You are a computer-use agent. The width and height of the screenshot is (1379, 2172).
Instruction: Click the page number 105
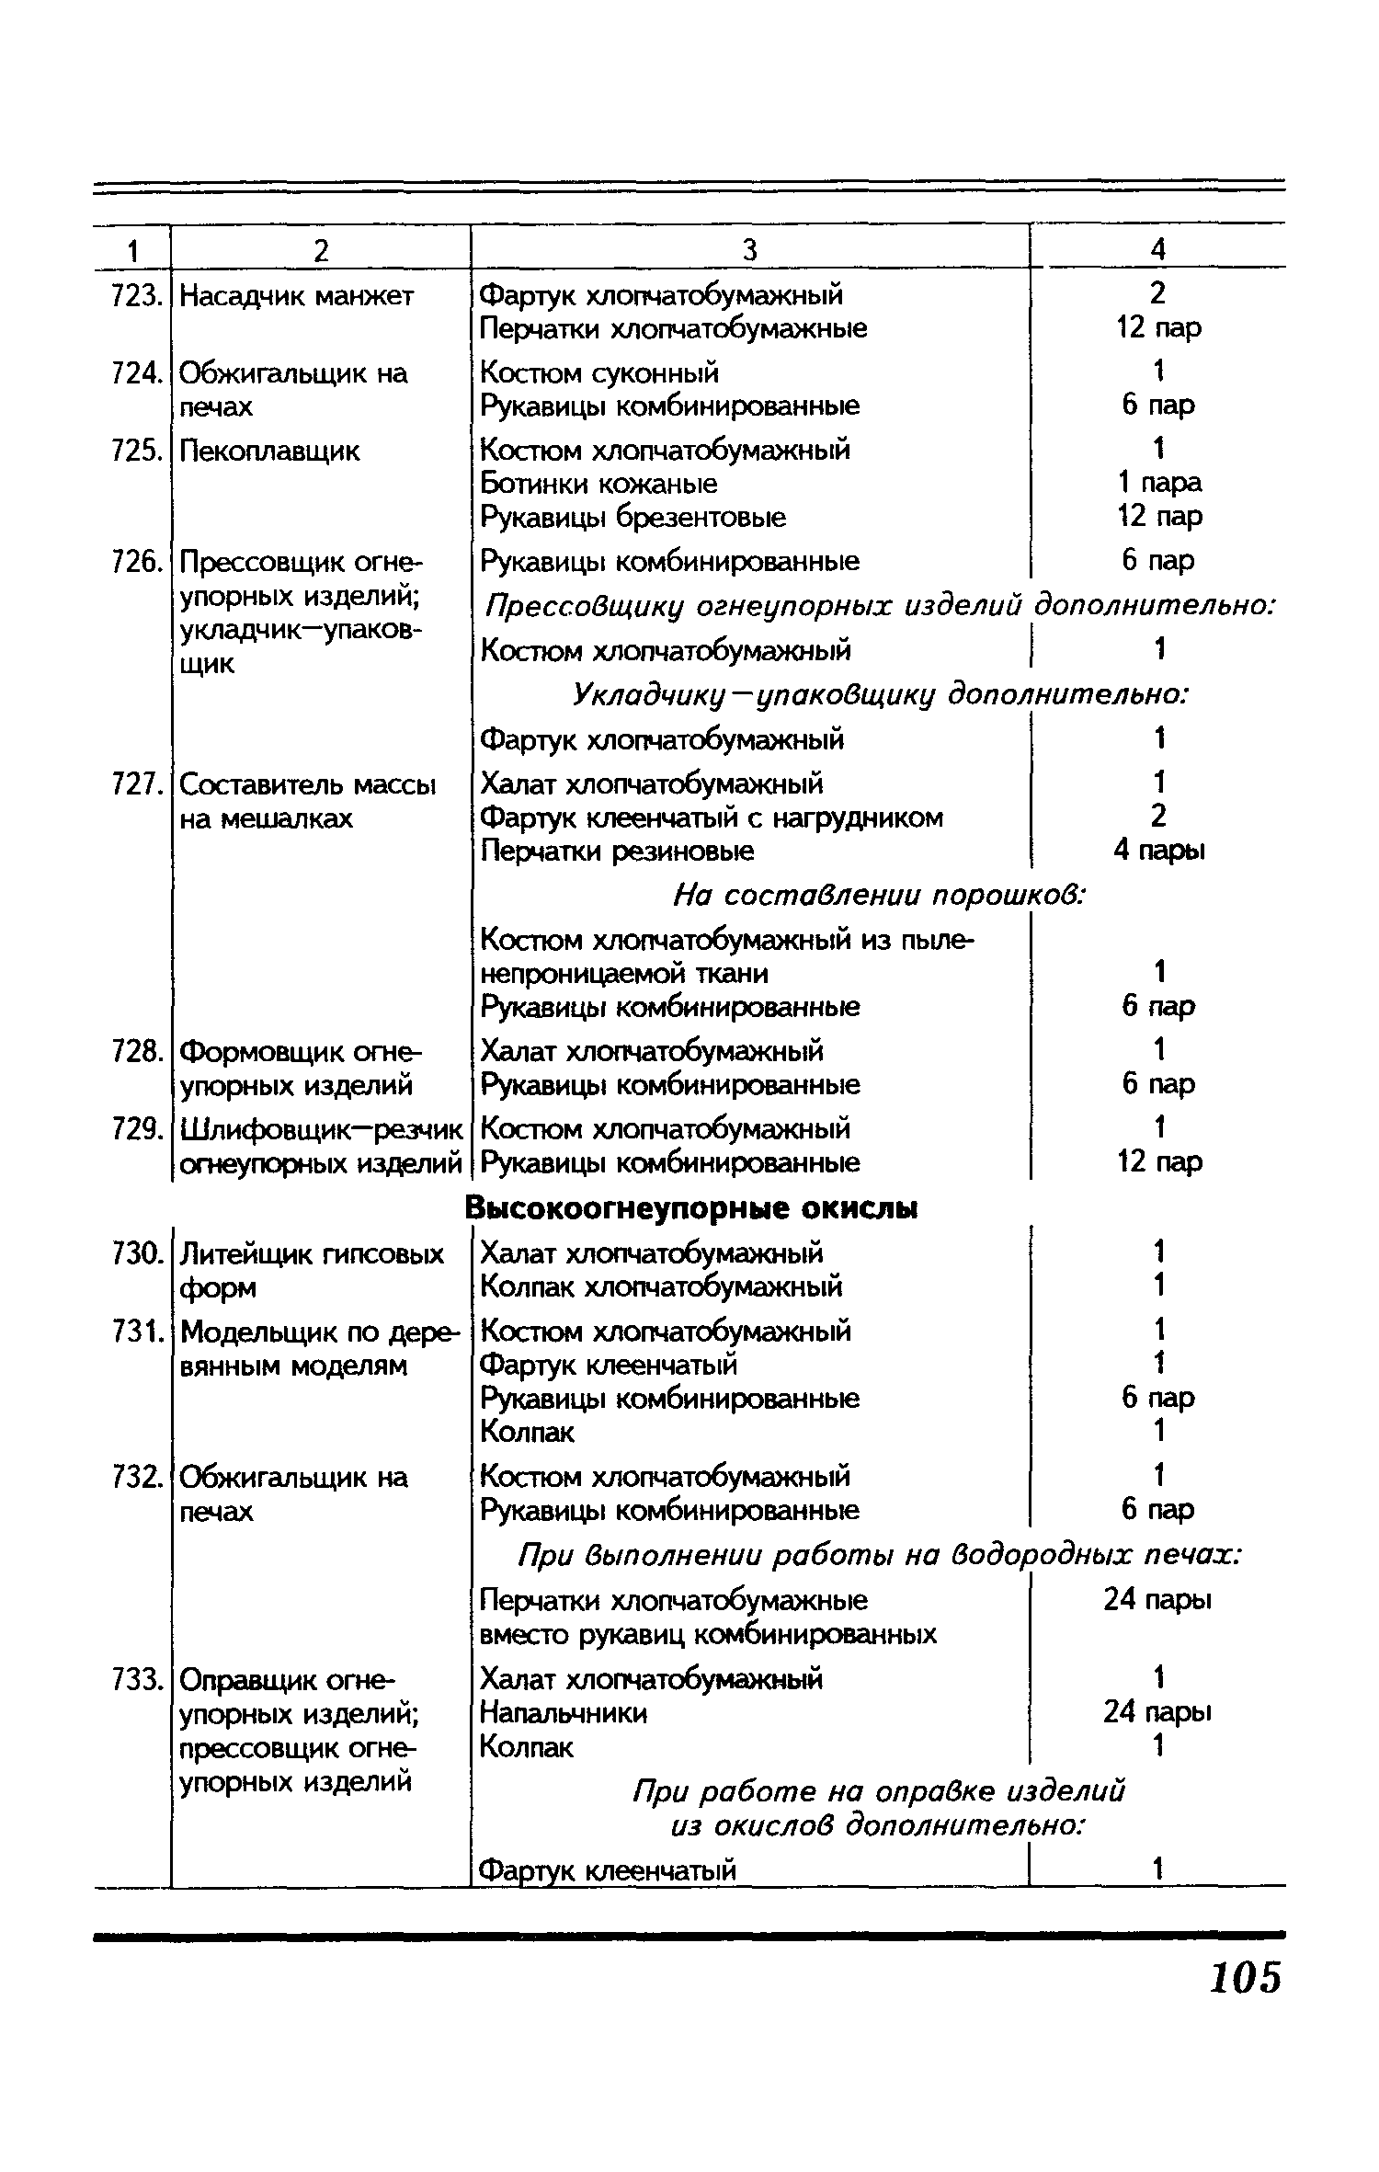1245,1975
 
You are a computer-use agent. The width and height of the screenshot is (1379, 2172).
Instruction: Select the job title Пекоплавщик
270,451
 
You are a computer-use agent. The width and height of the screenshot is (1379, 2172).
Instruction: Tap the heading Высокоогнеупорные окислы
691,1207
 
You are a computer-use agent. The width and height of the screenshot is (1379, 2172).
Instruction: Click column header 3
749,249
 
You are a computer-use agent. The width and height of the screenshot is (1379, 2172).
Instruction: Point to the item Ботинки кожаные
598,484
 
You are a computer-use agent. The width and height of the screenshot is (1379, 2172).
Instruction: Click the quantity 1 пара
1158,483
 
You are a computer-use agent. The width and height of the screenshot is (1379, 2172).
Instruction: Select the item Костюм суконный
599,372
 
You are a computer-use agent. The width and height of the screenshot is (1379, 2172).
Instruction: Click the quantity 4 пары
1158,851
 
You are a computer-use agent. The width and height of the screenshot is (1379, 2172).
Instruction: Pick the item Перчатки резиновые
617,852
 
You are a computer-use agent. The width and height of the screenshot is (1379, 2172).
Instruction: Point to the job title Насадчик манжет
297,296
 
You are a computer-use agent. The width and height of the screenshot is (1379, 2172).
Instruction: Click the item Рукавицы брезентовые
633,518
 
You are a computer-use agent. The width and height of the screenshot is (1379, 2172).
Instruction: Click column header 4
1157,248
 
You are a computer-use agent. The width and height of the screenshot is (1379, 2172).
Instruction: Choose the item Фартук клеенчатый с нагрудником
712,817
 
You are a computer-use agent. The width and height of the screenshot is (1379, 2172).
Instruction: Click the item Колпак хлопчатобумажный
661,1286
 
